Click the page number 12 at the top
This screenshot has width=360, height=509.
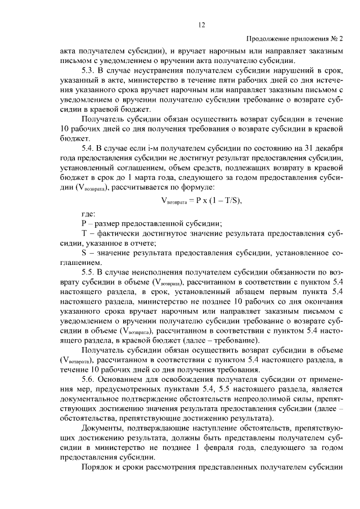point(202,24)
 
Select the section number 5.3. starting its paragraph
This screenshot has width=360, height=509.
point(89,70)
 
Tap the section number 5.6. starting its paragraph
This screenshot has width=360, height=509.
point(89,379)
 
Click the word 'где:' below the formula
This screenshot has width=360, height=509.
point(88,214)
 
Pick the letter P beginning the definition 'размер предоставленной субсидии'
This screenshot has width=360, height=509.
point(83,223)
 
